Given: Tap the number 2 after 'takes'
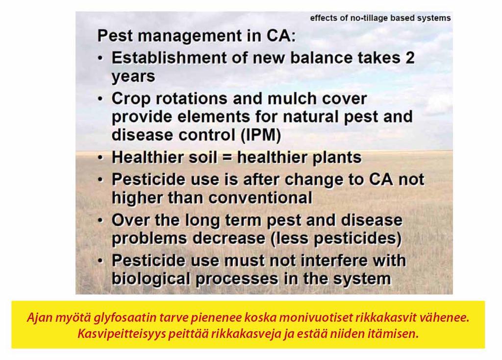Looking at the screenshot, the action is pos(410,58).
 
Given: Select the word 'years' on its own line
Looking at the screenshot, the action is pos(133,77).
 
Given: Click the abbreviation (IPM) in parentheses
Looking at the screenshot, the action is pos(260,135).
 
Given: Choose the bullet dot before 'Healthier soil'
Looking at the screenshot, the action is pos(100,157).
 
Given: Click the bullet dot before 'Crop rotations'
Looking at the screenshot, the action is pos(100,99).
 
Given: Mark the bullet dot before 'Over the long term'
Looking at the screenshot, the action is pos(100,220).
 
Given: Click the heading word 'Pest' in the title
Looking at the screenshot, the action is pos(115,35).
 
